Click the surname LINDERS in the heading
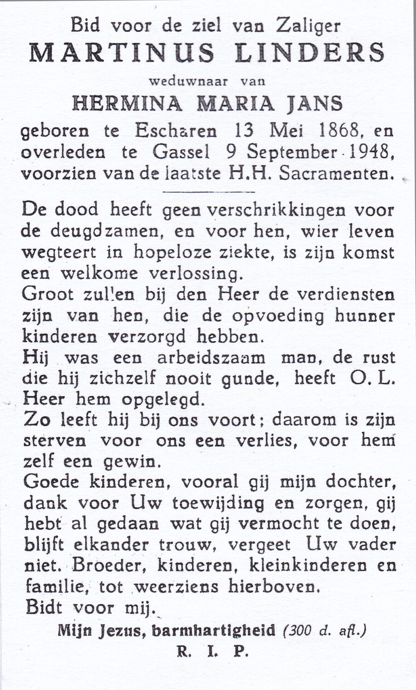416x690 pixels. pos(309,52)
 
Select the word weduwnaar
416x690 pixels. pos(188,81)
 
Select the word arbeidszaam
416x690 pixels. pos(211,358)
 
